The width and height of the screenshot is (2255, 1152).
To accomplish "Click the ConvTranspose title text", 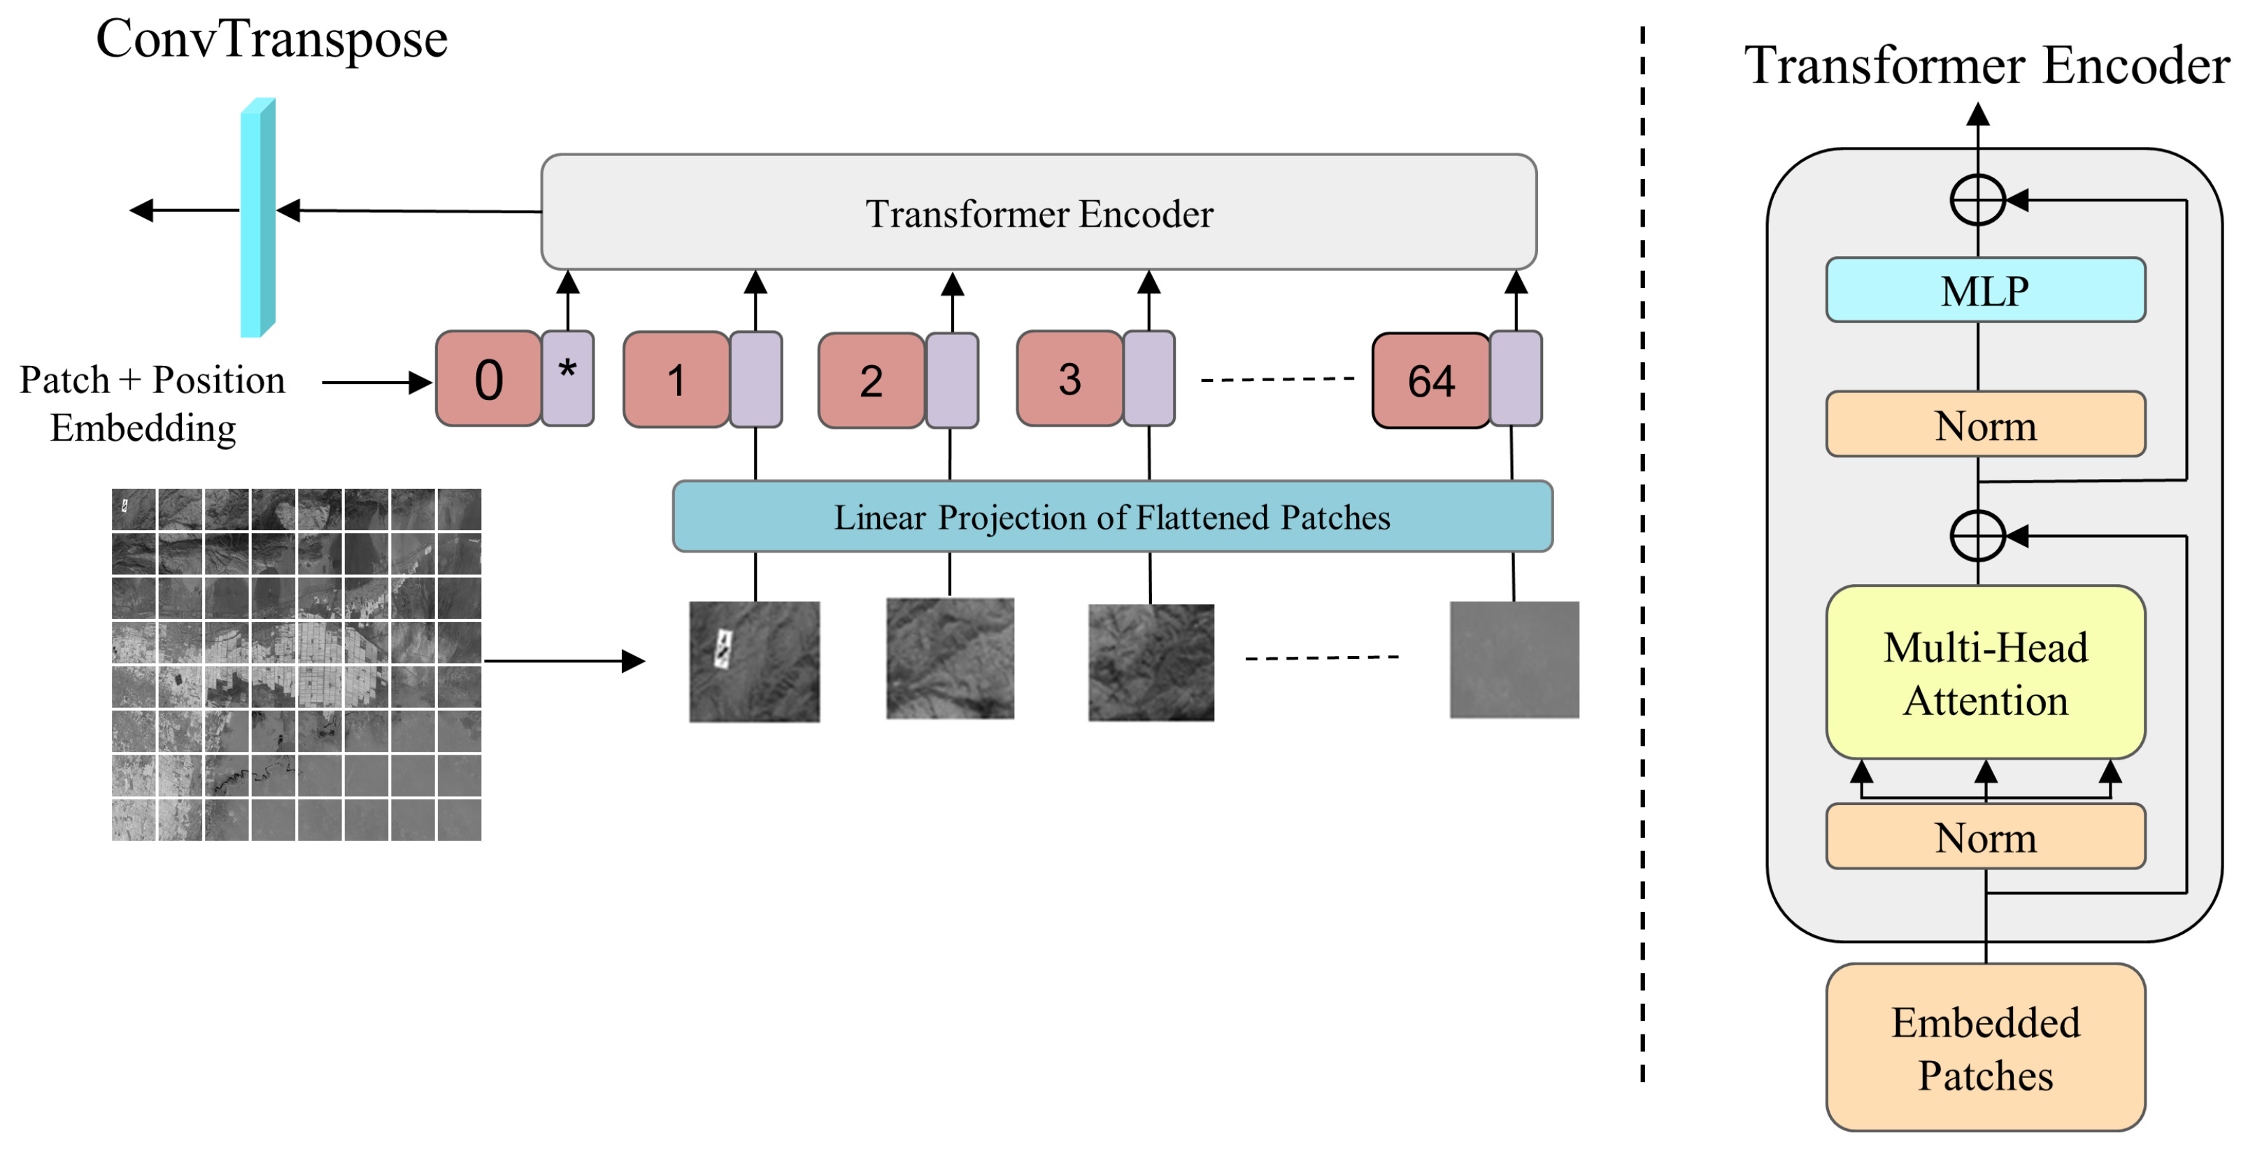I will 271,39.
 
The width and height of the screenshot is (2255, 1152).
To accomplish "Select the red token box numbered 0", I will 488,379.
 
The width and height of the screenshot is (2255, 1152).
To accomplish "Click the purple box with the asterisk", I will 567,378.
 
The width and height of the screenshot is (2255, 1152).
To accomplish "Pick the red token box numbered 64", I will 1430,381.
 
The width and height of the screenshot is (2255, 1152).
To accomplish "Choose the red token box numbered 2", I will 871,381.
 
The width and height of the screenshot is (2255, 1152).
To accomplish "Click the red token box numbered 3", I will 1069,379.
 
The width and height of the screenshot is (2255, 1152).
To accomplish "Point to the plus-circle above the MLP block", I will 1977,201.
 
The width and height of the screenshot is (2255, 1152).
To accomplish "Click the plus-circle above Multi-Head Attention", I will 1977,535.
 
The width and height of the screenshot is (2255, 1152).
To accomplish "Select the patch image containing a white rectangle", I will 754,661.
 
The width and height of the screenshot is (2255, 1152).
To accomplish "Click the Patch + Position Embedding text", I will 152,404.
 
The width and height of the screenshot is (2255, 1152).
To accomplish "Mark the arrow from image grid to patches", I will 564,661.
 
